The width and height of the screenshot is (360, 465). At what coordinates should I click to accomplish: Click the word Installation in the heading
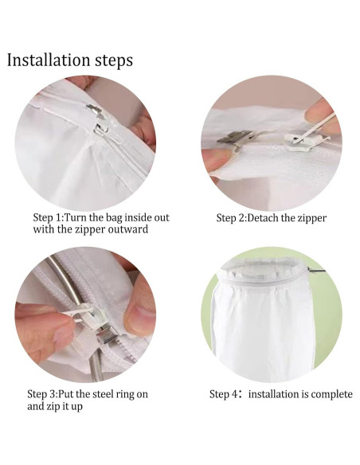[x=49, y=60]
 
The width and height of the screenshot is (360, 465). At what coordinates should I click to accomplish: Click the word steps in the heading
[x=114, y=61]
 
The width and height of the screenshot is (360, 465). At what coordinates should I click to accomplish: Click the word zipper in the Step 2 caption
[x=312, y=219]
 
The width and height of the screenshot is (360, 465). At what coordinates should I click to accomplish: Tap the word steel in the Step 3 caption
[x=102, y=394]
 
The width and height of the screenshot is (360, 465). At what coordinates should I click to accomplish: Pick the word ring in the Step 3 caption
[x=124, y=395]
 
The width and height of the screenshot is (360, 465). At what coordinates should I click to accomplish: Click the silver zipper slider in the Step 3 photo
[x=104, y=333]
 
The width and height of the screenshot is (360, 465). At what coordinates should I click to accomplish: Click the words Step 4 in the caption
[x=223, y=395]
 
